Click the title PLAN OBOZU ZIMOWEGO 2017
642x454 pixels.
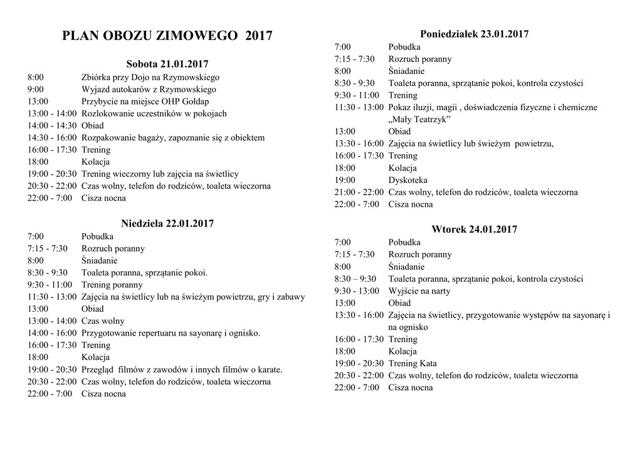tap(167, 36)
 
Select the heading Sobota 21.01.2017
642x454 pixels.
tap(167, 64)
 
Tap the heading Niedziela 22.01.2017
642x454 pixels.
tap(167, 224)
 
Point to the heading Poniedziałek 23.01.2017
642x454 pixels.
tap(474, 34)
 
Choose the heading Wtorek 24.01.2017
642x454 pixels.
tap(474, 229)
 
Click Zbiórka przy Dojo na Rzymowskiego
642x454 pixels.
tap(150, 77)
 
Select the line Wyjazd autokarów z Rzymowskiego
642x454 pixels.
tap(149, 89)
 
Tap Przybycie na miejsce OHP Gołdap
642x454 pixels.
tap(145, 101)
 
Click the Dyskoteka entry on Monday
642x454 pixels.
tap(408, 180)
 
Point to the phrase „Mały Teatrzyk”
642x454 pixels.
tap(419, 119)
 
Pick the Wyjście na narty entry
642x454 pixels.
tap(419, 291)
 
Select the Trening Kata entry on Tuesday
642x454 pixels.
tap(413, 363)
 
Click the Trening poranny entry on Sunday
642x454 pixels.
tap(112, 284)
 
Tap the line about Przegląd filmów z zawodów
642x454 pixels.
tap(182, 369)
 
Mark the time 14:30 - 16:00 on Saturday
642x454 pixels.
tap(52, 138)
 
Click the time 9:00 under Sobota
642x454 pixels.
tap(36, 89)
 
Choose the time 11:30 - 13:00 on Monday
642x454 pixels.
tap(359, 107)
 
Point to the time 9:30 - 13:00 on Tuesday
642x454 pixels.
tap(357, 291)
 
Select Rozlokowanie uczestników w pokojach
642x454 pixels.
tap(154, 113)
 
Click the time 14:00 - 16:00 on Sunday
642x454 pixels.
tap(52, 333)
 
